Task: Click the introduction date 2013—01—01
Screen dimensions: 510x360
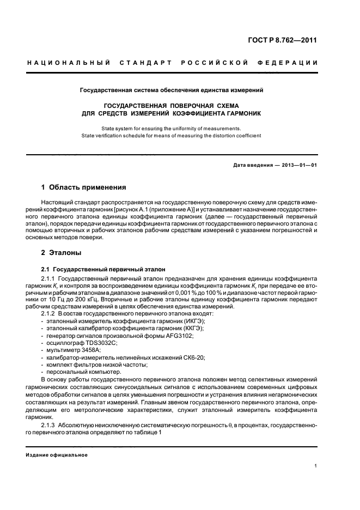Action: coord(298,165)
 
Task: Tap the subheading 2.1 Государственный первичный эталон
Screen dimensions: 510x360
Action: coord(100,269)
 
